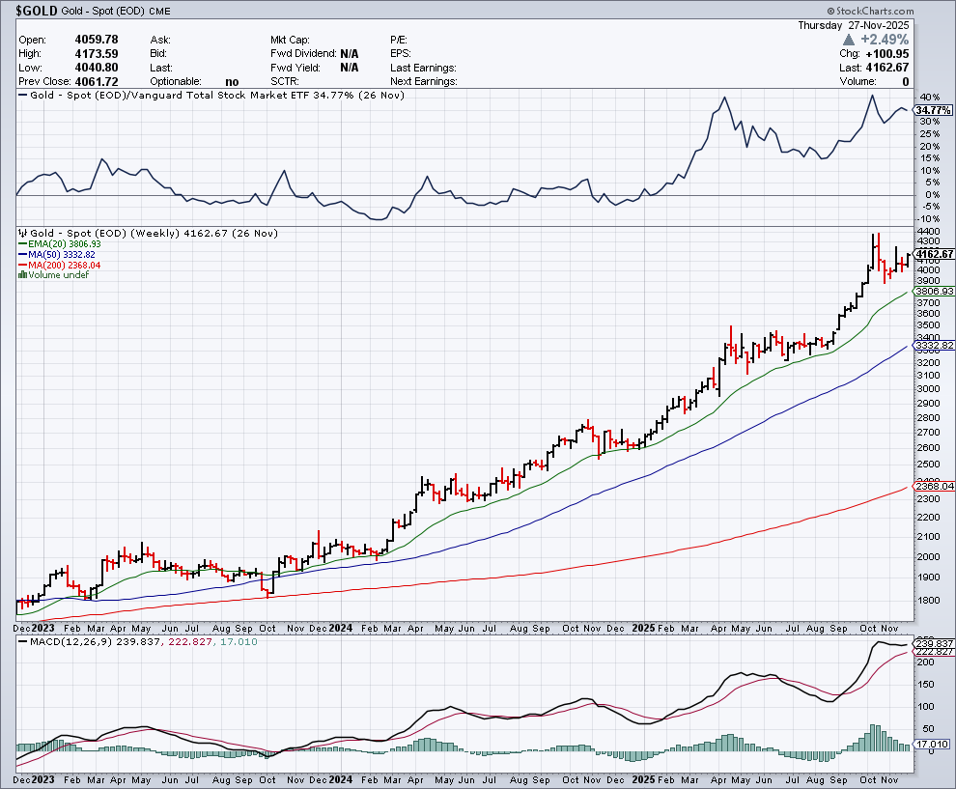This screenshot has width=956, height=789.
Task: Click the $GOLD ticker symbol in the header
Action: click(x=36, y=12)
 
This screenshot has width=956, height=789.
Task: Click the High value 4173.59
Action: click(x=96, y=53)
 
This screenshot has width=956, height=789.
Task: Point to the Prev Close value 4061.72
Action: click(x=96, y=82)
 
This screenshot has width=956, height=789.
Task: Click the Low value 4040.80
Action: click(x=96, y=68)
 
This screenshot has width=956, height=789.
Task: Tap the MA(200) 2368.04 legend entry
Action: click(x=61, y=265)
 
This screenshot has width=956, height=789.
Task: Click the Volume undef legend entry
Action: click(x=57, y=275)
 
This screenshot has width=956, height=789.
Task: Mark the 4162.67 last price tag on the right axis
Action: click(x=934, y=253)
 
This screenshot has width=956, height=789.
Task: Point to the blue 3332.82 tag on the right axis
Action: click(x=934, y=345)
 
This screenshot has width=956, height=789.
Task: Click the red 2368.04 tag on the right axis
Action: click(x=934, y=487)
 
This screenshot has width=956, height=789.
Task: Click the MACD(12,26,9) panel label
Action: click(x=68, y=642)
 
